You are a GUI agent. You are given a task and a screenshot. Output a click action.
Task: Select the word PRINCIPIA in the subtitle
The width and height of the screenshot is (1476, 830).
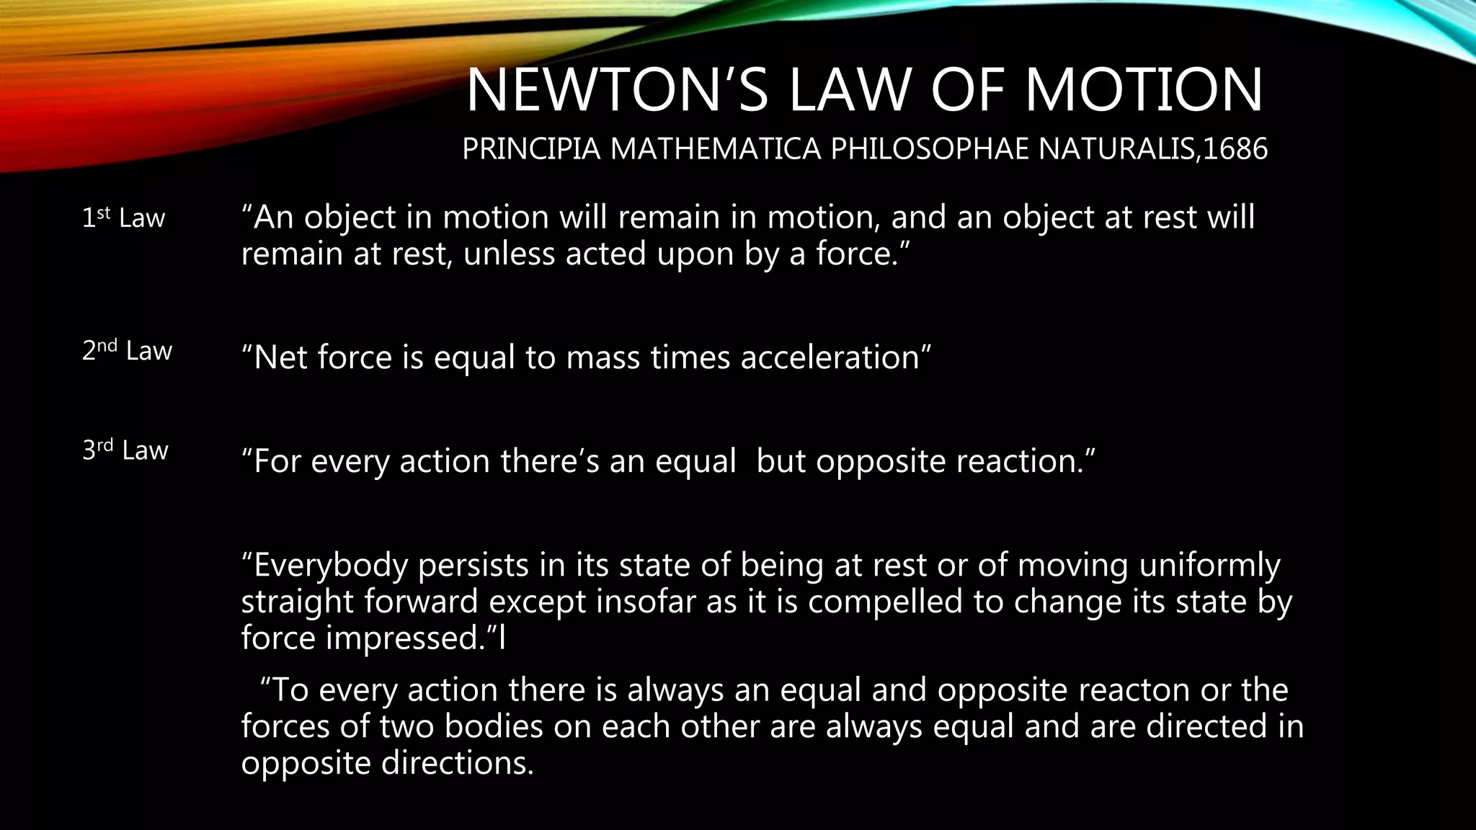531,149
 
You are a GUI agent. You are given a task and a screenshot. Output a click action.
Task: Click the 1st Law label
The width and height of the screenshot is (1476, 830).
123,218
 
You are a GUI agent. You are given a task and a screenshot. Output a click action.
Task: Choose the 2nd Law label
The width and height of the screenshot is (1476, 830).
127,350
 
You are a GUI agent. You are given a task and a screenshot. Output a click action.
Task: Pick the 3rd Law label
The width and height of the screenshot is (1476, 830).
125,450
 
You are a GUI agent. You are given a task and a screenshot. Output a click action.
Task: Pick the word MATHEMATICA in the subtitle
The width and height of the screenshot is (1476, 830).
716,149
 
